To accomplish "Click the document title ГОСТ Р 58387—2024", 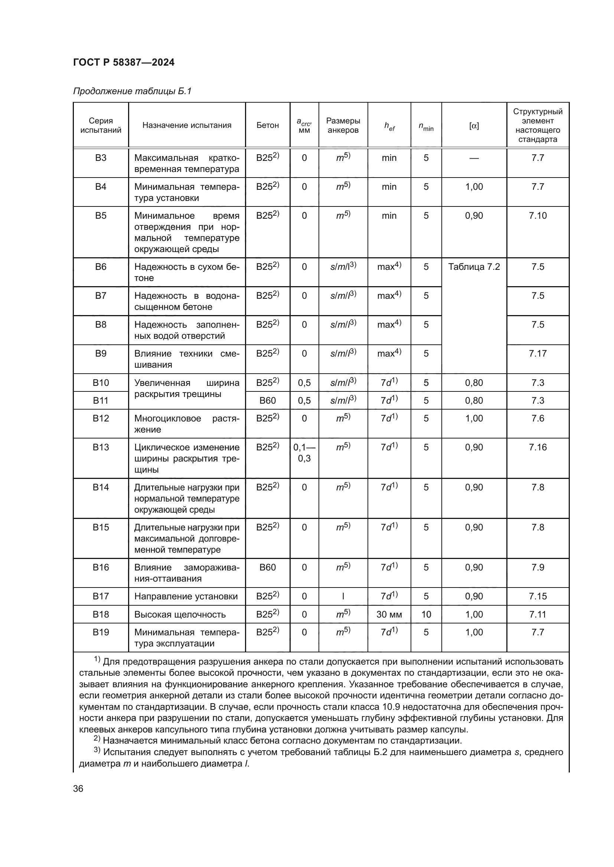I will (124, 62).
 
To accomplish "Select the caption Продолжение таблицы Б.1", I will (132, 91).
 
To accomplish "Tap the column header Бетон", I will (267, 125).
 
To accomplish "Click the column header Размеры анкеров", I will (343, 125).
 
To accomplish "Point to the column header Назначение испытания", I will (187, 125).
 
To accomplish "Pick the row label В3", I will (101, 158).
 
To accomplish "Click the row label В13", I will (101, 447).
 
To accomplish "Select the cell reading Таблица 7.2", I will (474, 267).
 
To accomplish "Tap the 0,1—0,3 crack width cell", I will (304, 453).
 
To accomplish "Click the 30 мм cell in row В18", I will (389, 614).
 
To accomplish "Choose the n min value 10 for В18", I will (426, 614).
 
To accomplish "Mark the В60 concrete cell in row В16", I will (267, 567).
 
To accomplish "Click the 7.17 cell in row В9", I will (537, 354).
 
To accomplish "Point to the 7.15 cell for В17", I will (537, 596).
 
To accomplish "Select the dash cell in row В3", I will (474, 158).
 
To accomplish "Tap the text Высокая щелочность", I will (180, 615).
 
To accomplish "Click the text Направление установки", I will (186, 597).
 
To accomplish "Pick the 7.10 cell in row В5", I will (537, 216).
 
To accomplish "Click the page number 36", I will (78, 788).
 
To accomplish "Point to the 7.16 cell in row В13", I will (537, 447).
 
